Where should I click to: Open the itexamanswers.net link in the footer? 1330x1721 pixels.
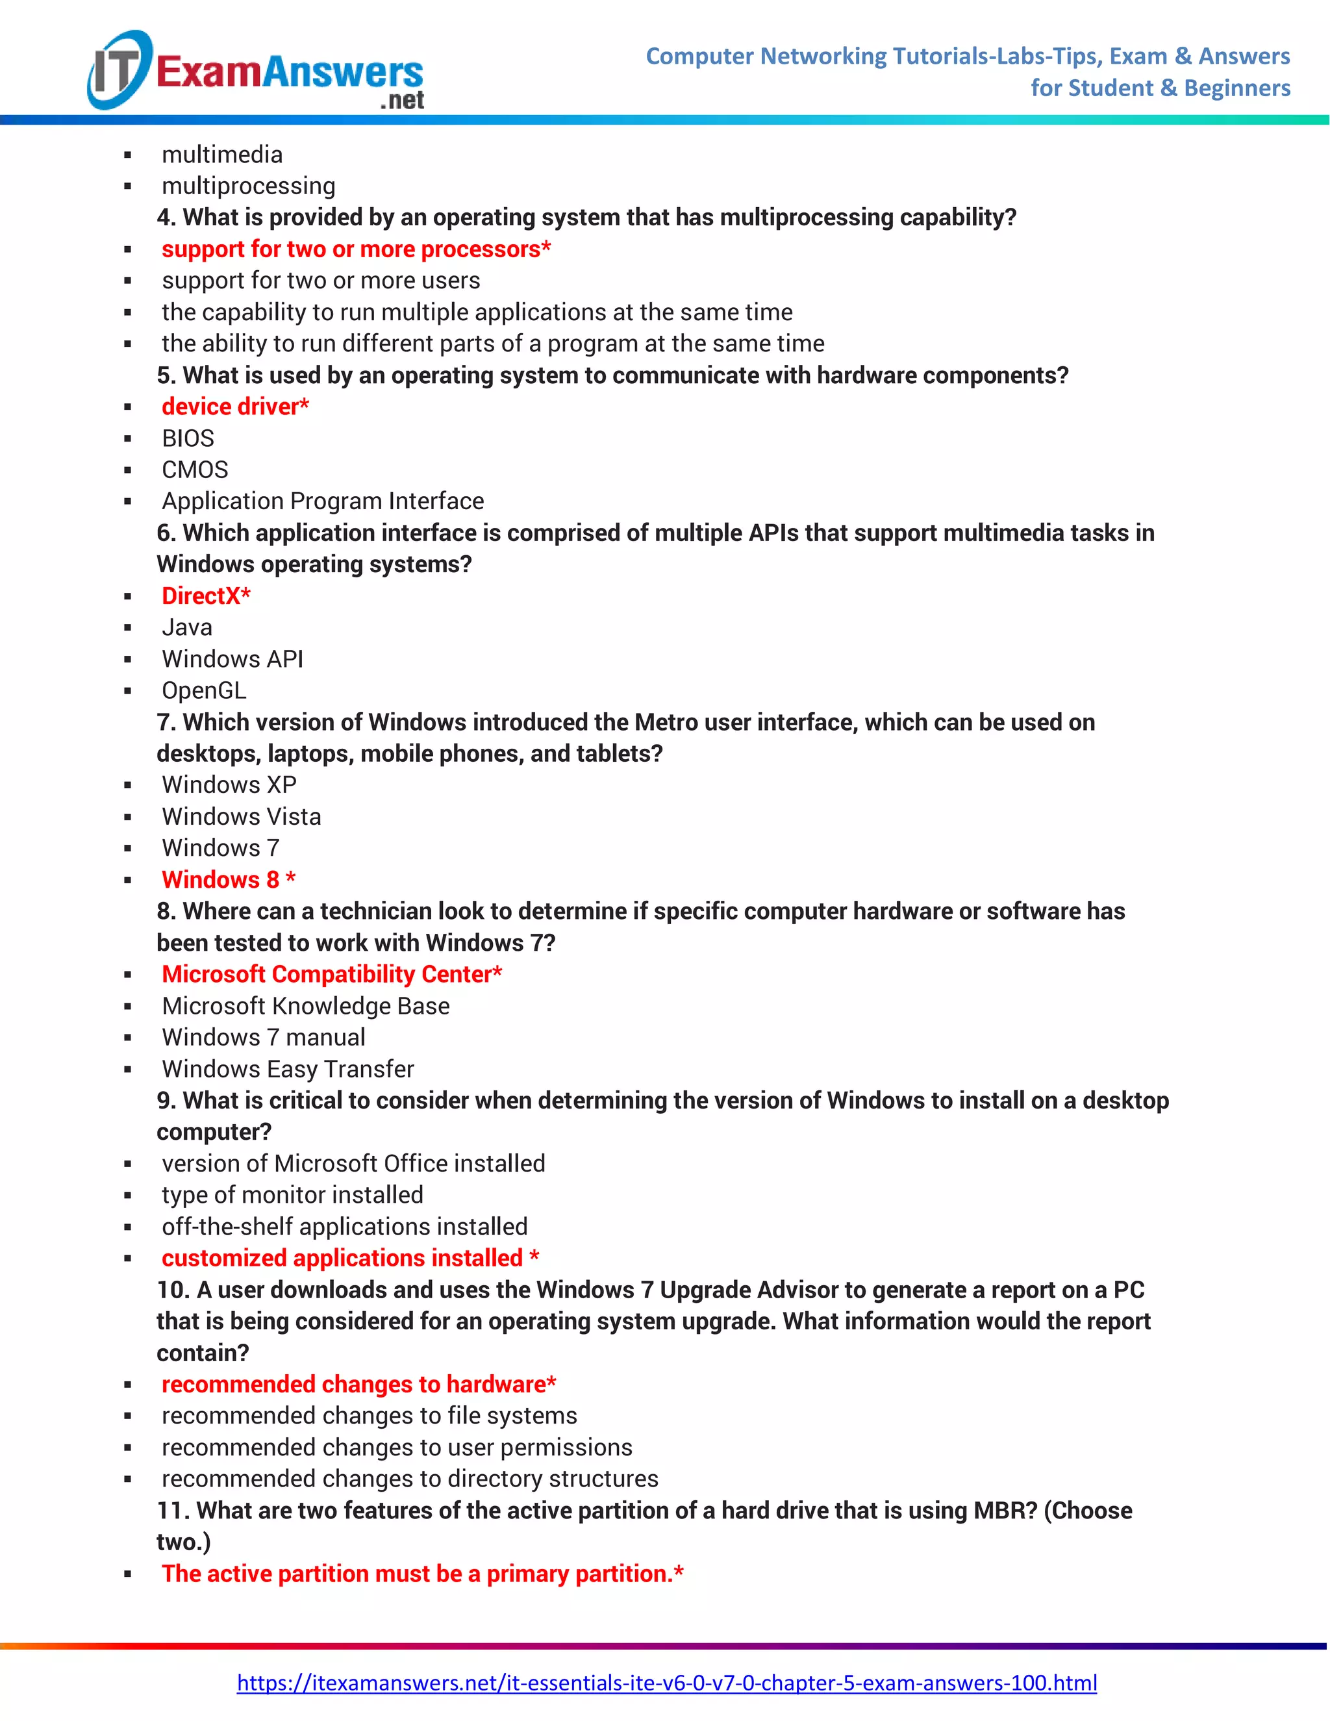click(666, 1683)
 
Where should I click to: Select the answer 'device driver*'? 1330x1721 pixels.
click(235, 407)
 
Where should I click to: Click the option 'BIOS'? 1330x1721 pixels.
click(188, 438)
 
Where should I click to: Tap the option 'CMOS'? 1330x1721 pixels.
click(195, 470)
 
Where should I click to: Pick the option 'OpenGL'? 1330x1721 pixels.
click(204, 690)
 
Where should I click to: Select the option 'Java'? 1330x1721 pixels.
click(187, 627)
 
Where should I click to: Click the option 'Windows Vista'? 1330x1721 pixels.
click(241, 816)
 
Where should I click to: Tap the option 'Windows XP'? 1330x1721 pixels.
click(229, 785)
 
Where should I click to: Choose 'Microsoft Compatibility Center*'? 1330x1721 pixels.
click(332, 974)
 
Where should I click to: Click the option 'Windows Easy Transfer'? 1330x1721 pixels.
click(288, 1068)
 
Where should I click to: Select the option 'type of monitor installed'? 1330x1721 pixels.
click(292, 1194)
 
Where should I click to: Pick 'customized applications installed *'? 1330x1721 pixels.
click(350, 1258)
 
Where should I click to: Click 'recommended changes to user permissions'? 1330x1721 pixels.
click(397, 1447)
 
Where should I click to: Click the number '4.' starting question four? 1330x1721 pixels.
click(166, 218)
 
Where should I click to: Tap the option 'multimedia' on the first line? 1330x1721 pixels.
click(222, 155)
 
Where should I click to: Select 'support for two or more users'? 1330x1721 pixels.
click(321, 281)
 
